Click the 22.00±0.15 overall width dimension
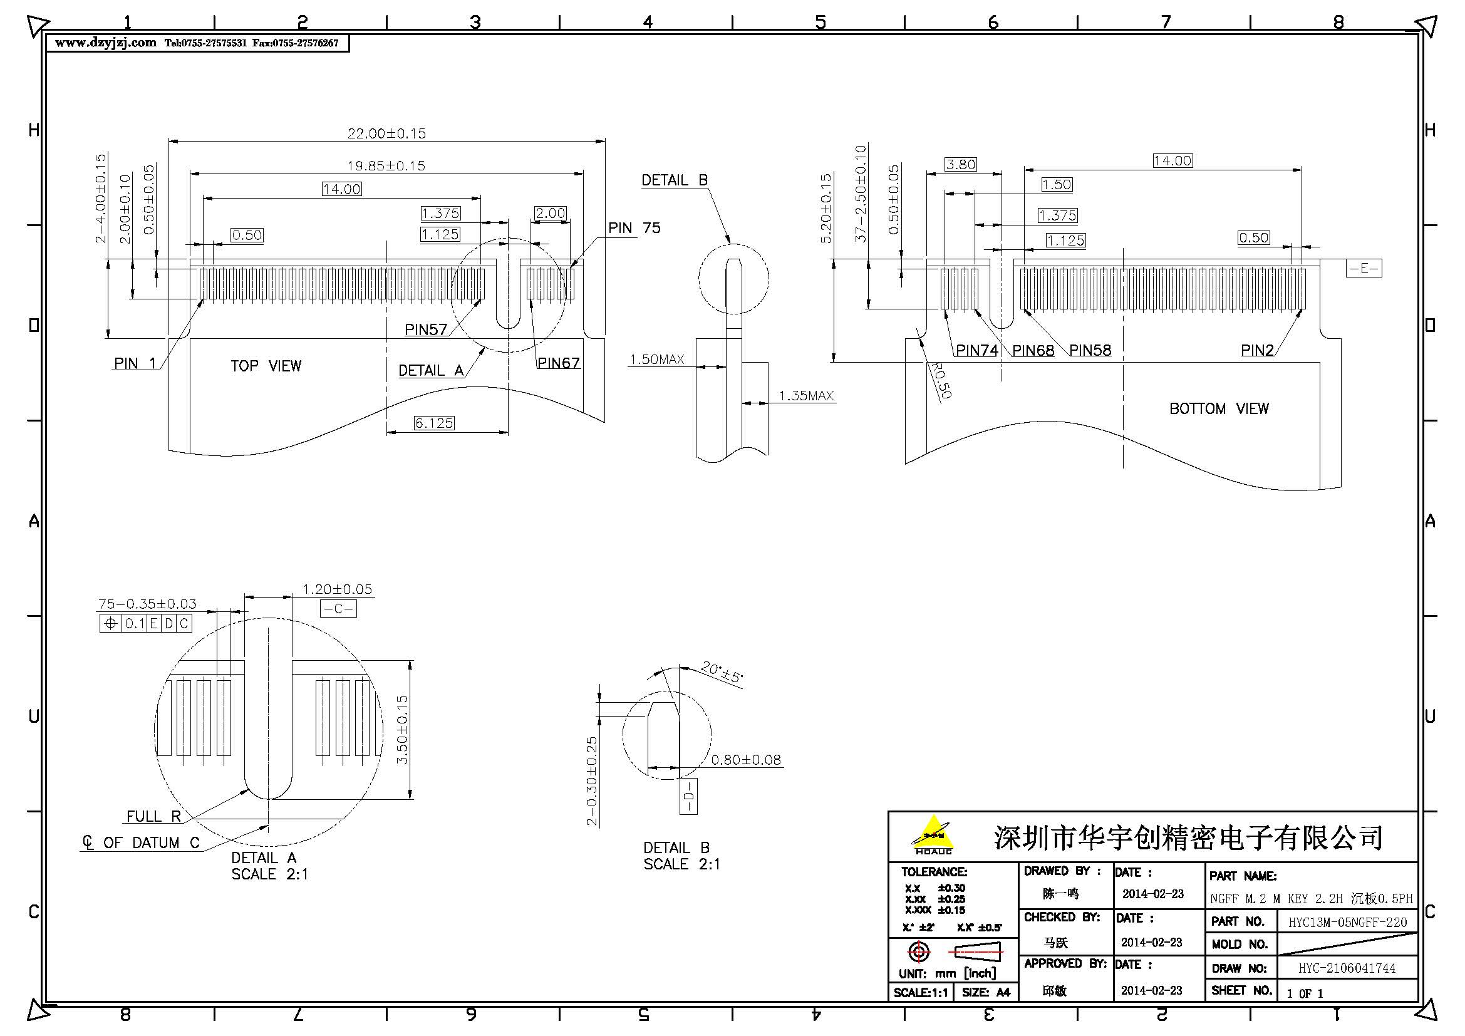[386, 133]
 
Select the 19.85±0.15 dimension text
[386, 166]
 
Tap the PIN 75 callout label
[634, 228]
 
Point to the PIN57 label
[425, 330]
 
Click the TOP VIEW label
[266, 366]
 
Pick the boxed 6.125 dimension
[434, 423]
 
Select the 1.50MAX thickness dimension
[656, 360]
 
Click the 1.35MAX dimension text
[806, 396]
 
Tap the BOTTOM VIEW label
[1219, 409]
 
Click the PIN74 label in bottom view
[976, 350]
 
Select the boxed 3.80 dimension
[960, 165]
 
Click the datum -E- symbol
[1364, 269]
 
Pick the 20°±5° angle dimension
[722, 672]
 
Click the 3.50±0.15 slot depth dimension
[402, 730]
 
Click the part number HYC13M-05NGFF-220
[1347, 922]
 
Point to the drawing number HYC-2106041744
[1347, 968]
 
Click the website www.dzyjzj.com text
[105, 43]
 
